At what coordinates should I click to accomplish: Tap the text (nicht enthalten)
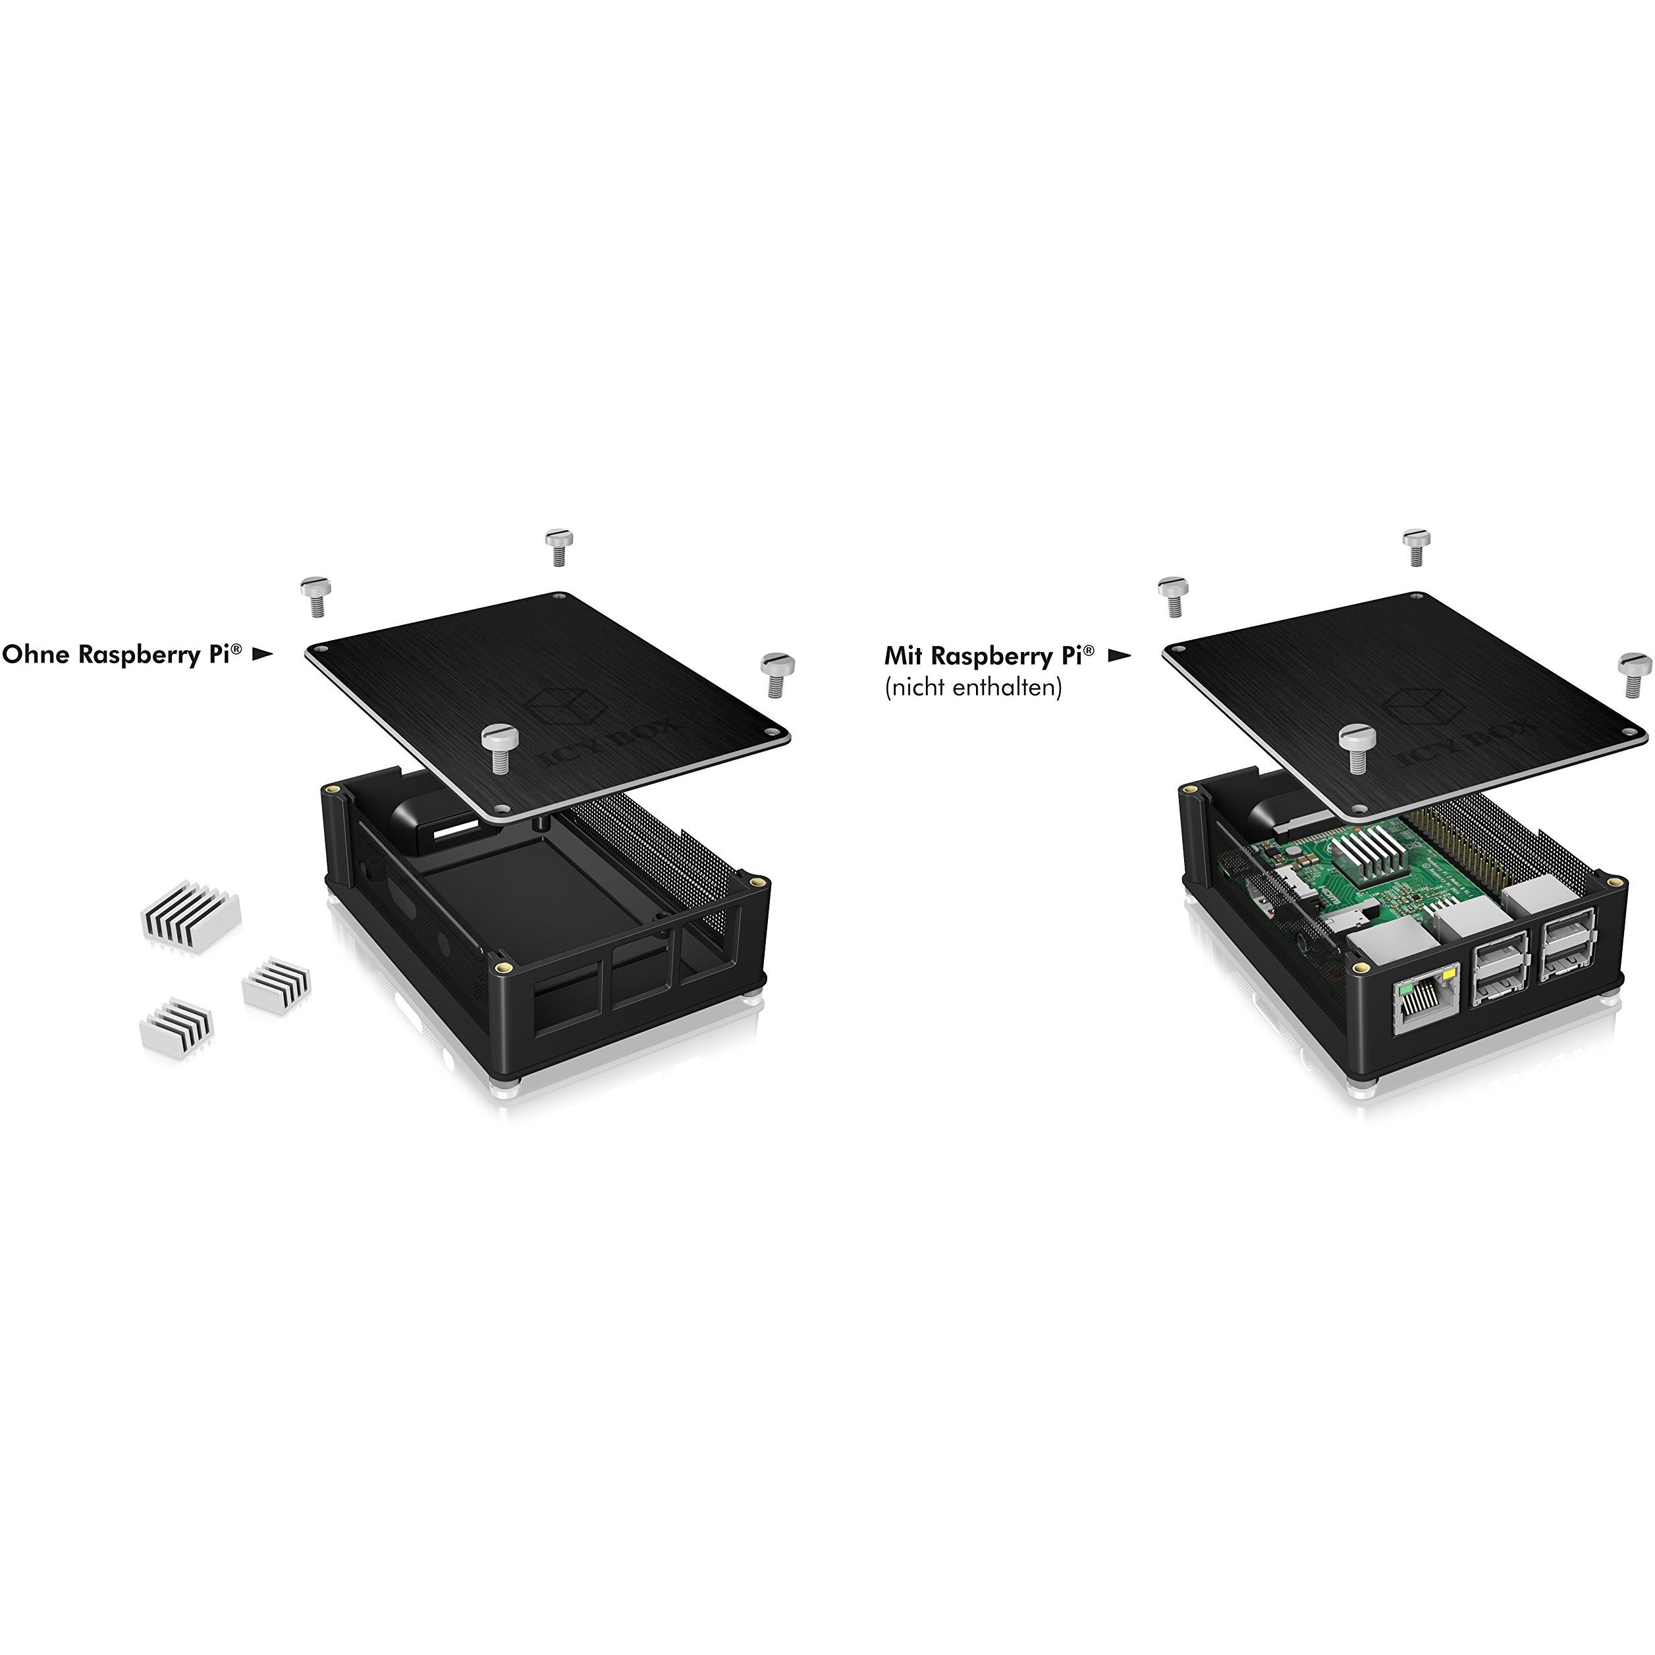972,687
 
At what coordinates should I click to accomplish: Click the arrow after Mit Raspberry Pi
1119,656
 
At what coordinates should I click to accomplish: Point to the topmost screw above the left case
558,547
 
